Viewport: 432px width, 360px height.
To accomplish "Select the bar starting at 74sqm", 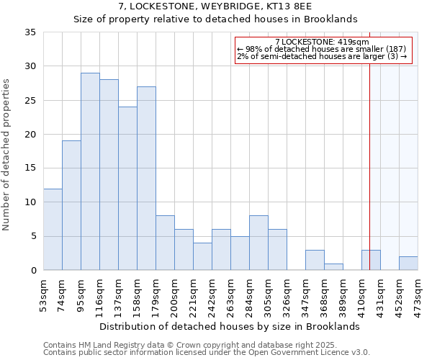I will pyautogui.click(x=71, y=205).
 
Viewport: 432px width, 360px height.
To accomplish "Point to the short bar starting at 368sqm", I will pyautogui.click(x=333, y=266).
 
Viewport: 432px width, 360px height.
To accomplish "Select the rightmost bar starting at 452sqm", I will pyautogui.click(x=408, y=264).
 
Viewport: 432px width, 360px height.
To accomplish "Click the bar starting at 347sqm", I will pyautogui.click(x=315, y=260).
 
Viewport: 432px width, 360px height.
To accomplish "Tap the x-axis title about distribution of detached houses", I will pyautogui.click(x=229, y=326).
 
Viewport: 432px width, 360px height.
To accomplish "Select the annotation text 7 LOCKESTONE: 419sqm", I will pyautogui.click(x=322, y=42).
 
